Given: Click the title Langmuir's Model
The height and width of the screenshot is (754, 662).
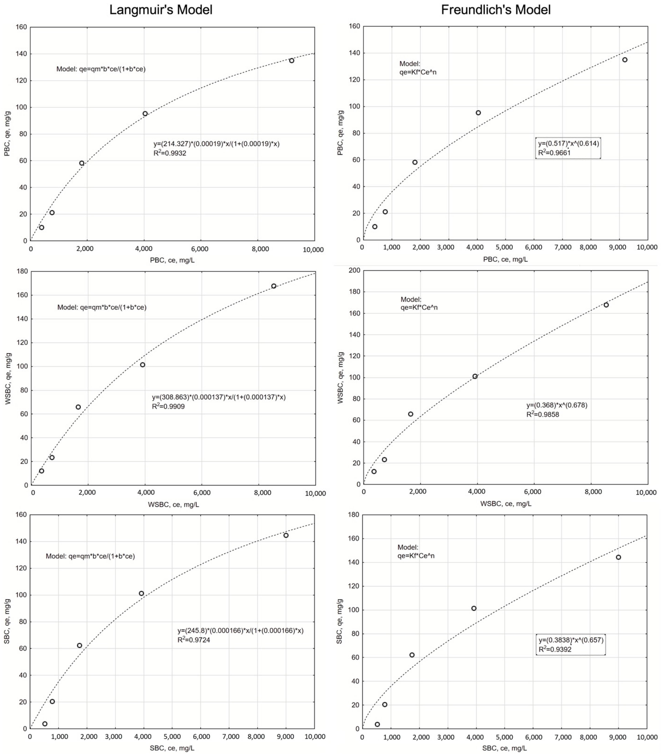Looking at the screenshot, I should [x=161, y=10].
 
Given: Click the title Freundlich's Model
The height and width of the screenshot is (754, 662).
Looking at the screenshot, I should [x=496, y=10].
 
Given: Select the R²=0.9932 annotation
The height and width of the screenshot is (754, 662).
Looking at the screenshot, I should [x=170, y=153].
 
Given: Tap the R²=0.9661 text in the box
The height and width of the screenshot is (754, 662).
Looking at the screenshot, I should [x=554, y=153].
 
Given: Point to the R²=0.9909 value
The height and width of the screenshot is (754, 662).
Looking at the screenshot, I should [x=169, y=407].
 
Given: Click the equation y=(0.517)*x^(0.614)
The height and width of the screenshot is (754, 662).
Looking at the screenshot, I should [x=568, y=143].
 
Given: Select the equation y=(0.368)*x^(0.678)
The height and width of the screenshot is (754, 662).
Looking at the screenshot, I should [x=556, y=405].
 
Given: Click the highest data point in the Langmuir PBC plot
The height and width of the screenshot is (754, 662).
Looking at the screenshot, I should [x=291, y=61].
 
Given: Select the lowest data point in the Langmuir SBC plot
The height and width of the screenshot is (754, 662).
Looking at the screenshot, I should [x=45, y=724].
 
